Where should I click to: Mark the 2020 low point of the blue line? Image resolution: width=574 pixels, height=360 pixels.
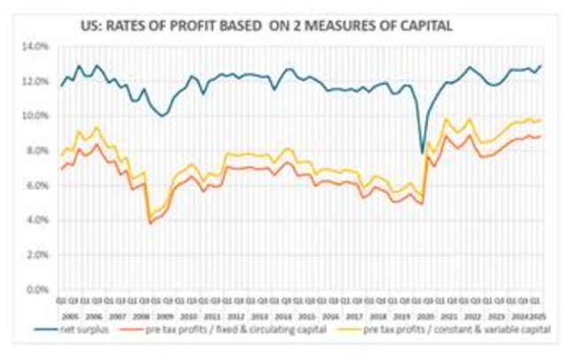point(423,153)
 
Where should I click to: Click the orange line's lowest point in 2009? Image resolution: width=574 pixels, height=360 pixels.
point(150,223)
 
